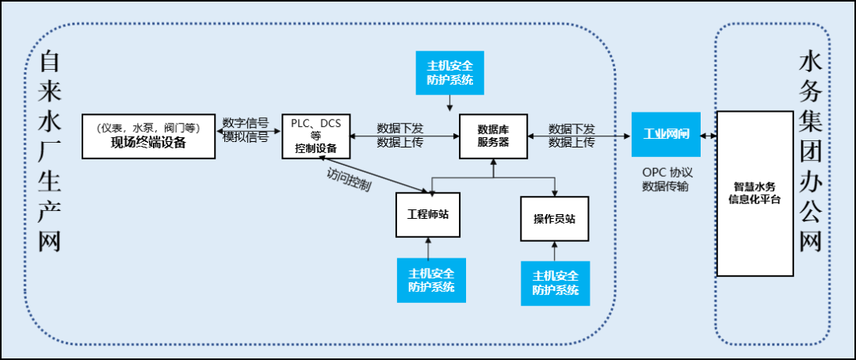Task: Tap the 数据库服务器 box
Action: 493,136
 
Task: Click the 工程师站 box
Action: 427,215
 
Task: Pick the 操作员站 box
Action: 555,218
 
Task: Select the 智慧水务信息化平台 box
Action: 755,193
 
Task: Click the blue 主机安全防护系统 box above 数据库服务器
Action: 450,73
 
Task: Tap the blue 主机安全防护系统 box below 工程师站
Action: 431,280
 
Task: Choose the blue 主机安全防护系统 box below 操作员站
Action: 556,283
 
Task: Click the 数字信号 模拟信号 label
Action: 246,129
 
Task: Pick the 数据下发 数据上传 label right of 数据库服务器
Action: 571,135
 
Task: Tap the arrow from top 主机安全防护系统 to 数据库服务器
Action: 450,103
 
